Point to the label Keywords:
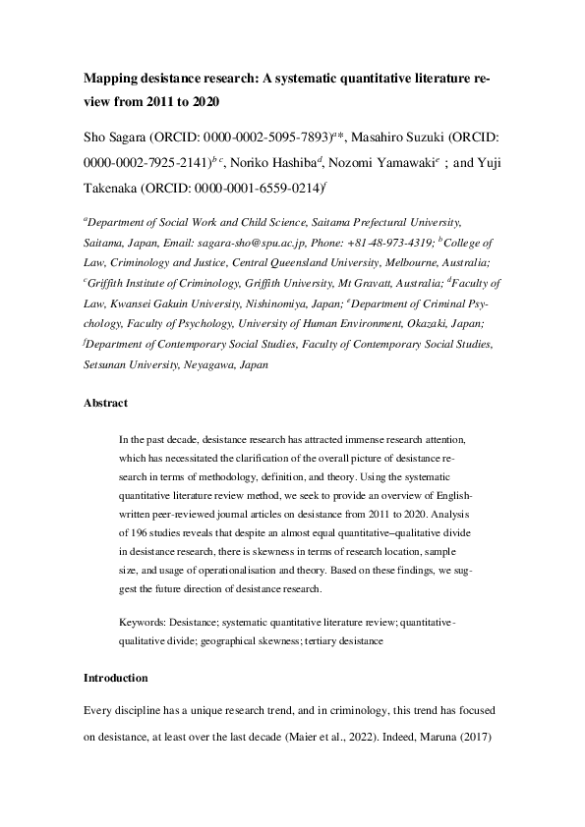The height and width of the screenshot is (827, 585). (141, 623)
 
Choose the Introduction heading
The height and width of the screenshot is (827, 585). (115, 678)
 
